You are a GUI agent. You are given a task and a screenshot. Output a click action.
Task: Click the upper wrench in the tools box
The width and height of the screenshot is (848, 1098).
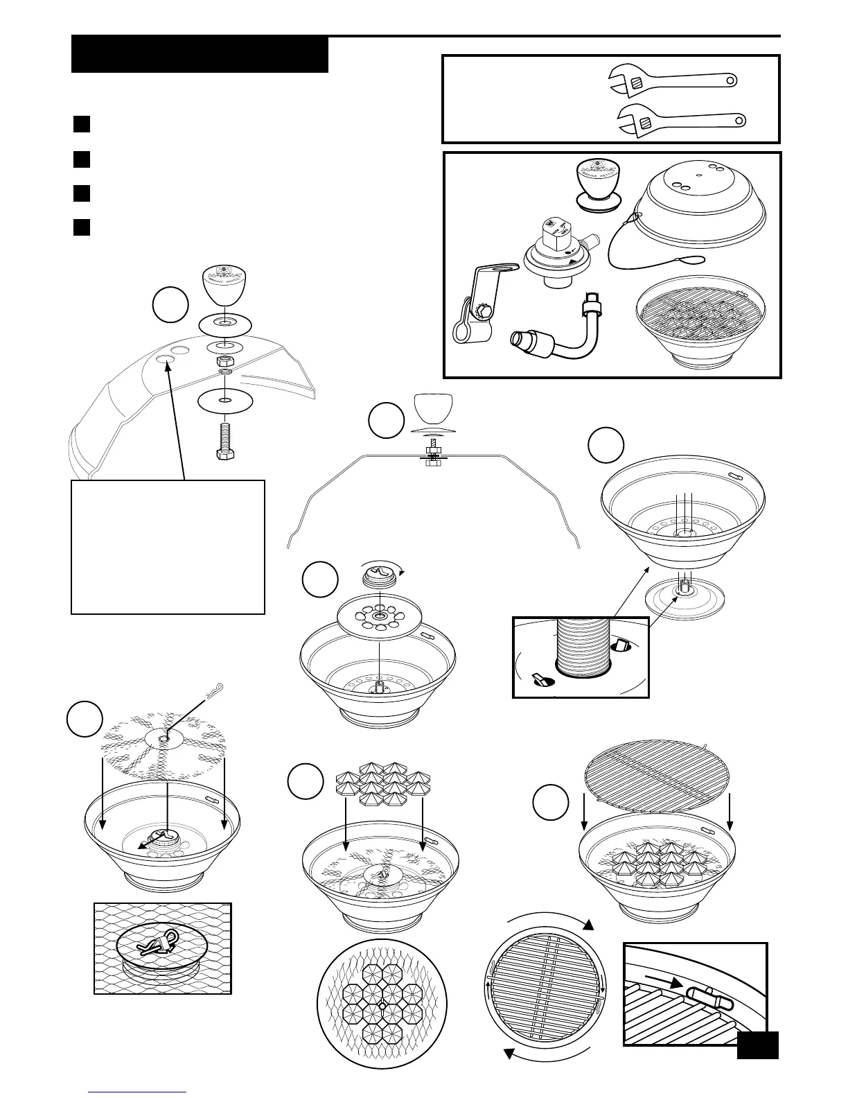coord(672,81)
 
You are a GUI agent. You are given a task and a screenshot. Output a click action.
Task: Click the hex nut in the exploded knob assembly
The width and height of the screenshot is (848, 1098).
coord(225,361)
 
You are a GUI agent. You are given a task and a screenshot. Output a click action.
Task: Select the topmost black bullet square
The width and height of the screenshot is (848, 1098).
coord(82,125)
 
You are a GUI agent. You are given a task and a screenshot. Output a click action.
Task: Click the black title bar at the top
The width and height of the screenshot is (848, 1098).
coord(200,55)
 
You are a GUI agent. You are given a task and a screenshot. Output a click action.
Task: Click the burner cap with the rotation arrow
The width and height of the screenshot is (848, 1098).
coord(379,575)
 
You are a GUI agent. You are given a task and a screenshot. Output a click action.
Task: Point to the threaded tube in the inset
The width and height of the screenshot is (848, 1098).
coord(584,647)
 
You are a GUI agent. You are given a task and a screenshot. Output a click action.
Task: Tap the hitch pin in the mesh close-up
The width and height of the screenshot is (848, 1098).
coord(160,943)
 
